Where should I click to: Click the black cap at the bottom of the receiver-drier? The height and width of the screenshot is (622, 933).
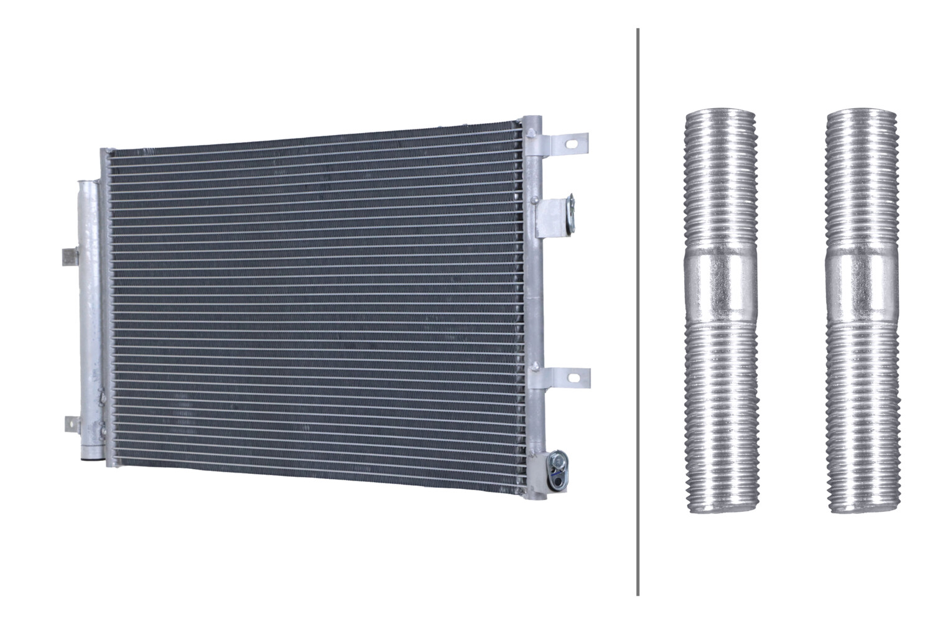89,459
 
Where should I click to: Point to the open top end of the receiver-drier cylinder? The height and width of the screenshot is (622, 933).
88,183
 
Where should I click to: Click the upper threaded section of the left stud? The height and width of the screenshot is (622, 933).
720,180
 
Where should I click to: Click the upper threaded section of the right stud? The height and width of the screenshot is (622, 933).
862,180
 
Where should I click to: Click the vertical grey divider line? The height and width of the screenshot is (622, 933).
638,311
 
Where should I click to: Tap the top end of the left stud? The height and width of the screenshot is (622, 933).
720,114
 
